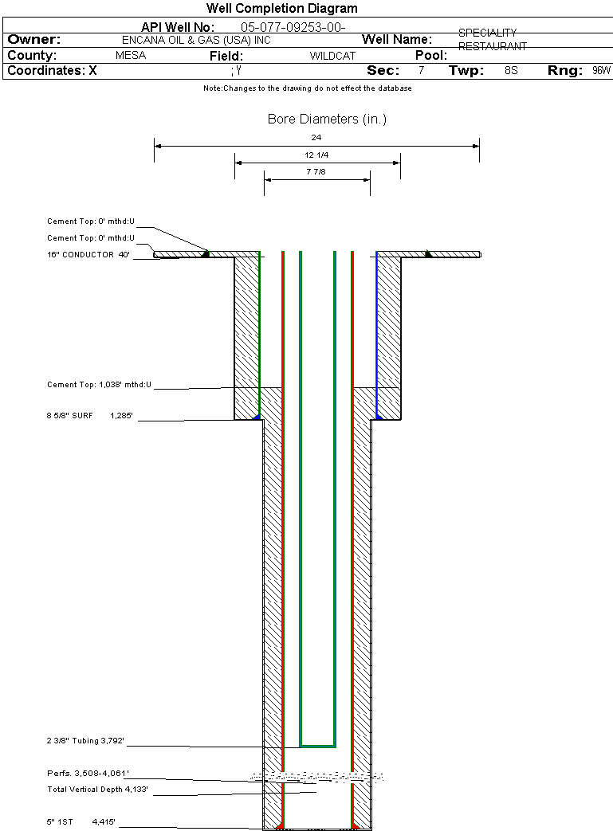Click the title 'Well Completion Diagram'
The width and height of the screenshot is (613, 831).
(281, 8)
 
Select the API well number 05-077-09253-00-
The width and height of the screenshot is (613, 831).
(293, 27)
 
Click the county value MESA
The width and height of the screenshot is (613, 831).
(131, 56)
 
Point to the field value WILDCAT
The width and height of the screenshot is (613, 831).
(332, 57)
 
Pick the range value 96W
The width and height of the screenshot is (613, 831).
(601, 71)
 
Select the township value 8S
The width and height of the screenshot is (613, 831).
(511, 71)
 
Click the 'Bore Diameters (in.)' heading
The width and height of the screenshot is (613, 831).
(327, 120)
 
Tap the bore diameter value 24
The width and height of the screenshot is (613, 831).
(316, 137)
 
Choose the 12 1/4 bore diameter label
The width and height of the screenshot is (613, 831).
(316, 155)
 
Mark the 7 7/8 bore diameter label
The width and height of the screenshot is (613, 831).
(316, 171)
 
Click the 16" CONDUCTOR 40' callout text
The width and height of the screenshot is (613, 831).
(88, 255)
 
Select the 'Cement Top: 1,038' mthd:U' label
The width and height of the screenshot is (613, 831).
(99, 385)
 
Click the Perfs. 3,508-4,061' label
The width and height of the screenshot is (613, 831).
(88, 774)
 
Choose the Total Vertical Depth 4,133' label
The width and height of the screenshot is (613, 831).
(97, 790)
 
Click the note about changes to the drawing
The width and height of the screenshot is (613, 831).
(308, 88)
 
